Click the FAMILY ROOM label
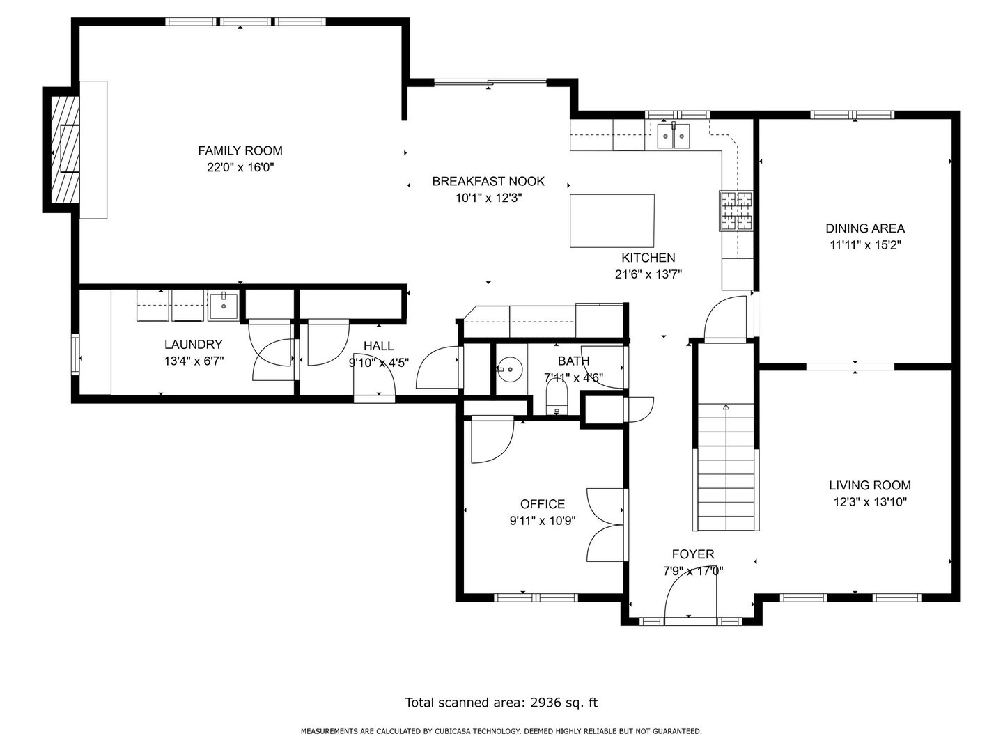coord(240,150)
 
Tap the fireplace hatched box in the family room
coord(65,150)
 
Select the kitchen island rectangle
coord(612,221)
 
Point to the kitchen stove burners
coord(736,211)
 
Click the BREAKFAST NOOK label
coord(488,181)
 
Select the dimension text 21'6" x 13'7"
coord(648,274)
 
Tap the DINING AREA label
coord(865,228)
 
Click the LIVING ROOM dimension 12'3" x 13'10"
coord(870,502)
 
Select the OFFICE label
coord(543,504)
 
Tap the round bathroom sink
coord(509,369)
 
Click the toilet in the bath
coord(556,396)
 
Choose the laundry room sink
coord(224,306)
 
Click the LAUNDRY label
coord(194,344)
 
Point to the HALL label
coord(378,346)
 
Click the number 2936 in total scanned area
coord(545,703)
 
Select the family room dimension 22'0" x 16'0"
coord(240,167)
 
